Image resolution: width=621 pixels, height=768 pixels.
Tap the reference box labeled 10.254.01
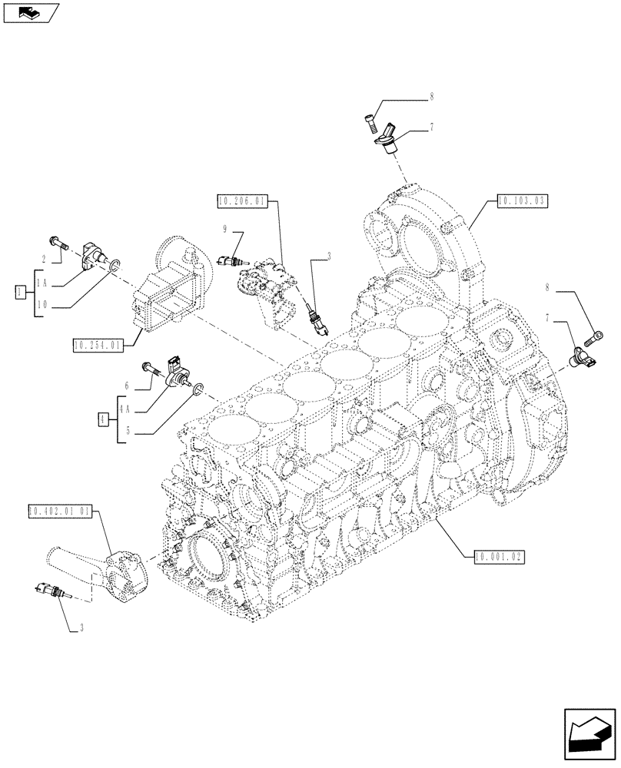click(99, 346)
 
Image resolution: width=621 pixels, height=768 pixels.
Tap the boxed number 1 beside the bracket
click(19, 291)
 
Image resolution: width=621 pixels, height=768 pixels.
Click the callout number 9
click(224, 229)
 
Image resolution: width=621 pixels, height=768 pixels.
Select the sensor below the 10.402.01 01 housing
click(48, 591)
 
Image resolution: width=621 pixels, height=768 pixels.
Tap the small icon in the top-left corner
click(28, 13)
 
